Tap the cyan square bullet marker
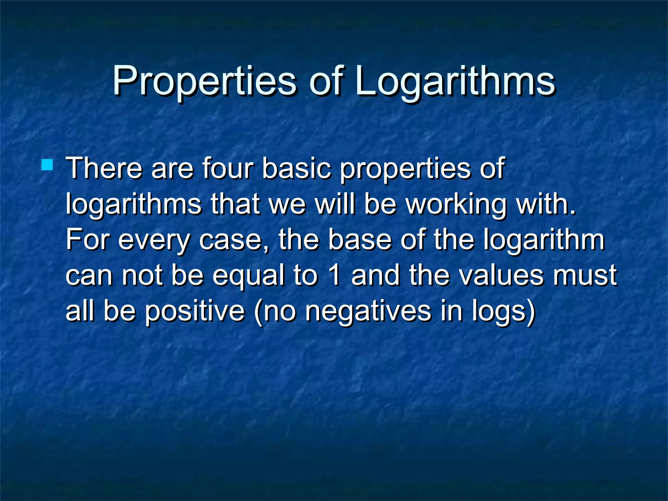pyautogui.click(x=47, y=165)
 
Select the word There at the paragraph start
pyautogui.click(x=104, y=168)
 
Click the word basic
pyautogui.click(x=296, y=168)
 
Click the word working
pyautogui.click(x=457, y=205)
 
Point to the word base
pyautogui.click(x=359, y=239)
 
